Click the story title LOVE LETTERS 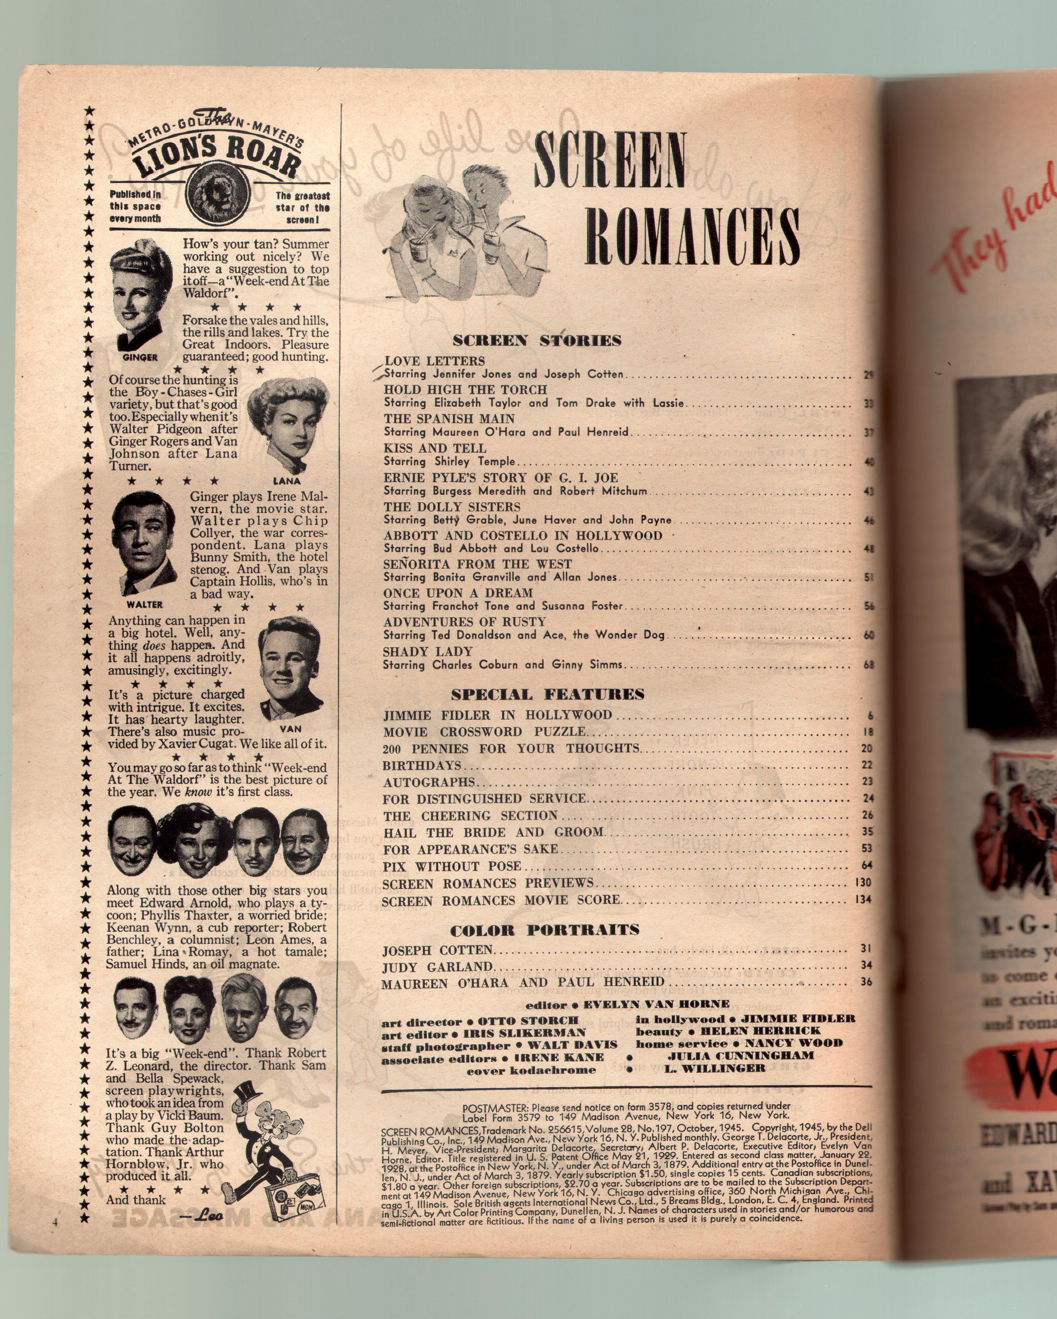pyautogui.click(x=434, y=361)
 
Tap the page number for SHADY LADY pyautogui.click(x=868, y=665)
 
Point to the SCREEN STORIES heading pyautogui.click(x=537, y=341)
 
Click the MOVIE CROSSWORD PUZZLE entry pyautogui.click(x=484, y=732)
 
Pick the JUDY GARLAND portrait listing pyautogui.click(x=437, y=967)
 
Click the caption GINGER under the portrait pyautogui.click(x=140, y=357)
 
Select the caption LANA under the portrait pyautogui.click(x=287, y=481)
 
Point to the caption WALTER pyautogui.click(x=145, y=604)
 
